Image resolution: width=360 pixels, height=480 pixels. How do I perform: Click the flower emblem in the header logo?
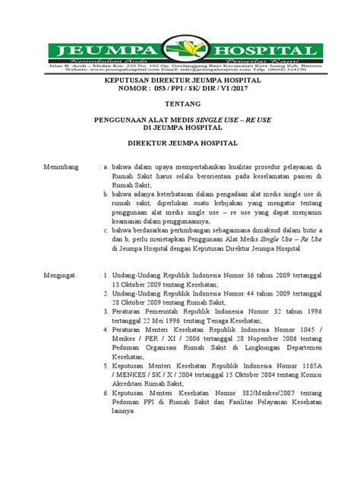[x=179, y=52]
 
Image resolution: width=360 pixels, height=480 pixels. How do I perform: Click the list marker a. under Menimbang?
[x=106, y=164]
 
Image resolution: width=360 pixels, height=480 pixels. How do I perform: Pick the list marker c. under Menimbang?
[x=106, y=228]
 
